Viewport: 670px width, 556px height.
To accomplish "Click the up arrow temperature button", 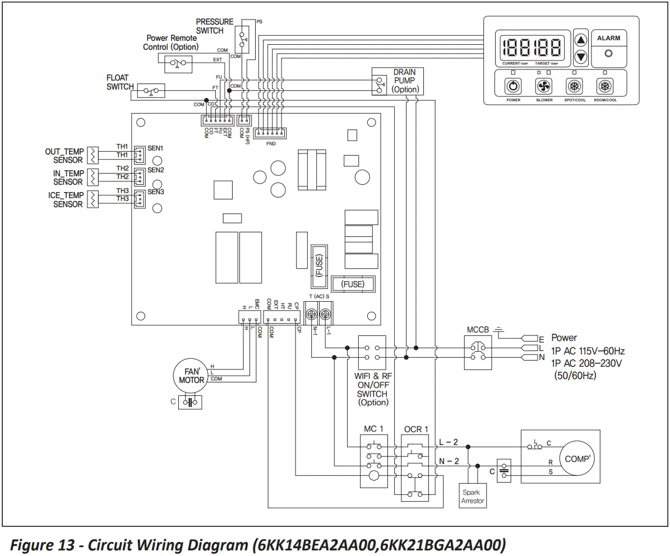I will (x=581, y=41).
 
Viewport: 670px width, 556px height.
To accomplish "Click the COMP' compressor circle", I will (x=577, y=459).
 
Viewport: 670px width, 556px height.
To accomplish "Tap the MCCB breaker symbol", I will (x=478, y=351).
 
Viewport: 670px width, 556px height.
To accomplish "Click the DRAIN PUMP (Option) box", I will (x=398, y=81).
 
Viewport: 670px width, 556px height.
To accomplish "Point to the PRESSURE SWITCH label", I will (x=215, y=26).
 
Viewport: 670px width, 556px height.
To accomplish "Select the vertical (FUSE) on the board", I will (x=319, y=267).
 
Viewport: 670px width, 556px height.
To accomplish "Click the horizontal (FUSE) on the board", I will (x=352, y=284).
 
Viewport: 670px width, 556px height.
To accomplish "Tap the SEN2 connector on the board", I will (x=139, y=177).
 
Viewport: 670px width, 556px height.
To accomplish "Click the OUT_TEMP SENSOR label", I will (x=64, y=156).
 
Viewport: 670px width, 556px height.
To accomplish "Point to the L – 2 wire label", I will (x=449, y=442).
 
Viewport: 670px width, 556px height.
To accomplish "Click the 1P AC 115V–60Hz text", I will (x=588, y=351).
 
